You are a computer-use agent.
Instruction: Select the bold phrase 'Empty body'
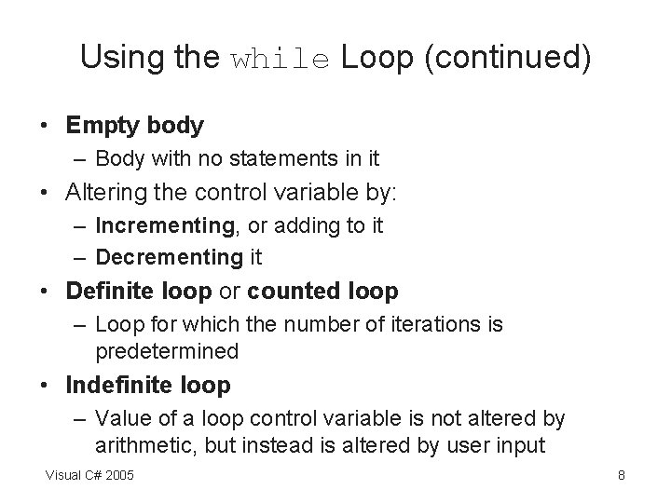click(134, 124)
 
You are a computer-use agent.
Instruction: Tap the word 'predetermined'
click(167, 351)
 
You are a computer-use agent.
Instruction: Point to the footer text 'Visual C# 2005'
click(89, 476)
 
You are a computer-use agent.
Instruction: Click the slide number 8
click(621, 476)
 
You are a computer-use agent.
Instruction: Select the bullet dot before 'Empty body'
click(47, 124)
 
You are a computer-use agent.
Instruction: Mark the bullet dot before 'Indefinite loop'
click(47, 385)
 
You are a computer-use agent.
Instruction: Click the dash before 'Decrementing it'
click(80, 256)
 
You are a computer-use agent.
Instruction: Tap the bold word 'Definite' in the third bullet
click(103, 291)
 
